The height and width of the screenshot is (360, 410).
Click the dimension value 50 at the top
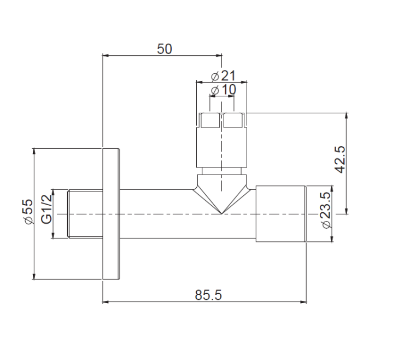165,49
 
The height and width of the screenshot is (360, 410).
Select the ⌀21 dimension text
223,76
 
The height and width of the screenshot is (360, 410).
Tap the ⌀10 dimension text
223,90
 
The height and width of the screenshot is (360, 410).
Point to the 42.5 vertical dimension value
339,159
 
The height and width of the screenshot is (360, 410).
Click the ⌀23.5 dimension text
326,210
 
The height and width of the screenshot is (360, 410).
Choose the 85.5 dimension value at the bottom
208,295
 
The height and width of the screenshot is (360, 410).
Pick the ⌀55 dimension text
28,212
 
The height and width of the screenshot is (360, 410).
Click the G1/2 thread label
46,210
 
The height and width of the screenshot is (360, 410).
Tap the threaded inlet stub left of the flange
85,214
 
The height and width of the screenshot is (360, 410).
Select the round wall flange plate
111,214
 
